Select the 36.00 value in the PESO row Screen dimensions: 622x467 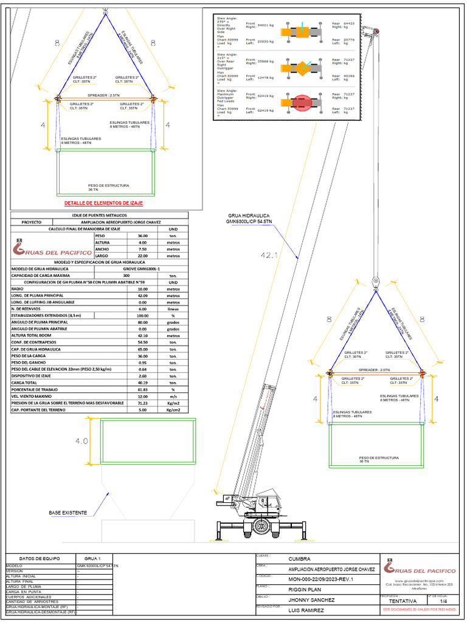[142, 235]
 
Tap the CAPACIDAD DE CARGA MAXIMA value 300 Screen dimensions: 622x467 [142, 276]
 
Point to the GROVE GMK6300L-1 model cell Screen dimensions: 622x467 [142, 268]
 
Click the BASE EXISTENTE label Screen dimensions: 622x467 [67, 513]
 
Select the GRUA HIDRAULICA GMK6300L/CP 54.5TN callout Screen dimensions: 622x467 [249, 219]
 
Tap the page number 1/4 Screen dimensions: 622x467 [443, 601]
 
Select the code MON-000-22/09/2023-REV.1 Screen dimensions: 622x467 [320, 579]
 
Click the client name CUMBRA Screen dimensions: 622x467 [299, 559]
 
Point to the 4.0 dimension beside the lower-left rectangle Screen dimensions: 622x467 [81, 442]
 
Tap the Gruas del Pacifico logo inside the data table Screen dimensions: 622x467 [53, 248]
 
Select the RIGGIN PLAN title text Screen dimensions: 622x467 [305, 589]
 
